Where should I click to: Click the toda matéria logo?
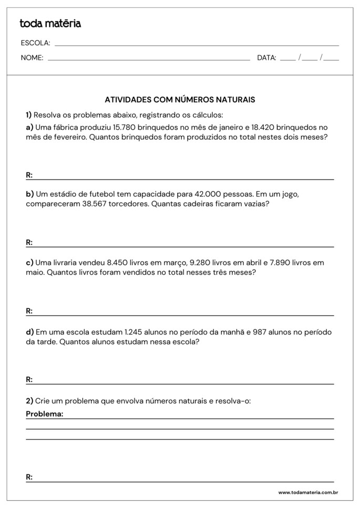50,24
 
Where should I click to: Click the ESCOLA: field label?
35,43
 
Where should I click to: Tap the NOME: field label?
32,58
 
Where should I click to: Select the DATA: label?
266,58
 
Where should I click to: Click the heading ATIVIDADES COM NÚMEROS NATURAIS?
180,99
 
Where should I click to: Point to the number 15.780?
125,127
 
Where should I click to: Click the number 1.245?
136,332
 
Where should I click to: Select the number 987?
262,332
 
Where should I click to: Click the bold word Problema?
45,414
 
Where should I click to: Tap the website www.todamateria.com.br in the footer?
307,492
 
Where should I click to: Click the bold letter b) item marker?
30,194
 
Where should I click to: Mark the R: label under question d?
29,379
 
